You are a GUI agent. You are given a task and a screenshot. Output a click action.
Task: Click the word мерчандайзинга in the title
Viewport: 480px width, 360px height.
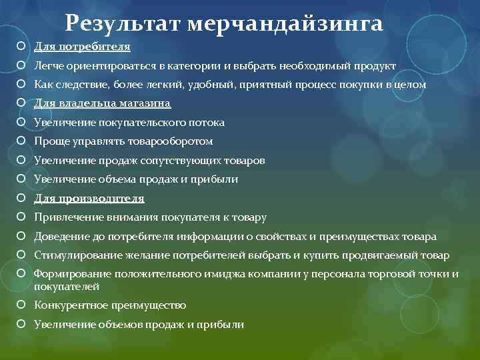pyautogui.click(x=285, y=24)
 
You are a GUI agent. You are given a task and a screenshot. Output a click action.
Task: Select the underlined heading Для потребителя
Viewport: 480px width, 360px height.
pyautogui.click(x=82, y=47)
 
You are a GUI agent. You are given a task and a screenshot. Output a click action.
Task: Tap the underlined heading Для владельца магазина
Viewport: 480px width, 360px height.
pyautogui.click(x=103, y=103)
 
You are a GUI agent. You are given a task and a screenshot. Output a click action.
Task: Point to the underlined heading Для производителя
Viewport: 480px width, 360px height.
pyautogui.click(x=89, y=199)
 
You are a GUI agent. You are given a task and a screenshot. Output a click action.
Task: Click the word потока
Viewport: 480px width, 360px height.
pyautogui.click(x=207, y=123)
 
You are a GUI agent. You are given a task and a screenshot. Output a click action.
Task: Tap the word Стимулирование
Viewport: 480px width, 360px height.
pyautogui.click(x=74, y=255)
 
